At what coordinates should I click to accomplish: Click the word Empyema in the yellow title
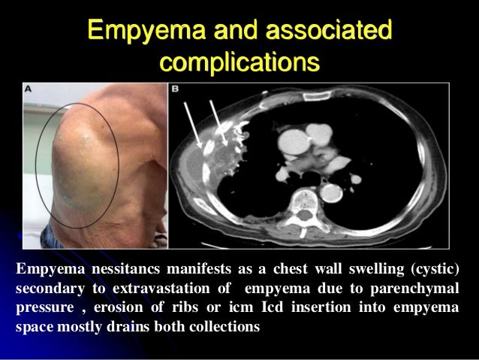(136, 31)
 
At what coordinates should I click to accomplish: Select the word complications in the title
(239, 61)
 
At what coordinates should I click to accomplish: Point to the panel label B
(175, 89)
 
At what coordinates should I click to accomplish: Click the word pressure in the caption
(44, 309)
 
